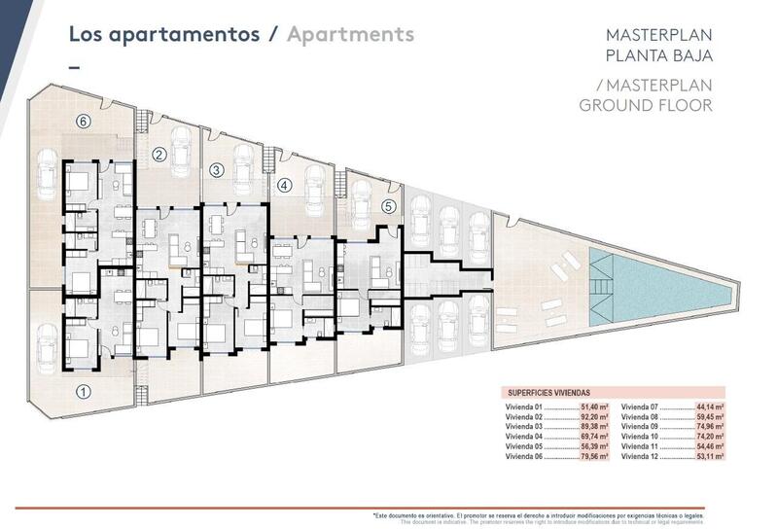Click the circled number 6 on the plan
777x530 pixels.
click(84, 122)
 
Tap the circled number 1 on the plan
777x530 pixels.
click(84, 392)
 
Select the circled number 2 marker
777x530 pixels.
click(159, 154)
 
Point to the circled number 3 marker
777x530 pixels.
click(217, 169)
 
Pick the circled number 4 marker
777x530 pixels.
click(284, 185)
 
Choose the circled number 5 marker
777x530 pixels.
click(387, 205)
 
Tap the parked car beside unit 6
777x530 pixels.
click(47, 181)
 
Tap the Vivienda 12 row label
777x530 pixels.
click(640, 455)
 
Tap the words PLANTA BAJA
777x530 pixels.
click(659, 54)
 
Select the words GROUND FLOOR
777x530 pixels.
click(646, 105)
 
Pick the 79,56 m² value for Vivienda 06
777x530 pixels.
click(595, 455)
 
